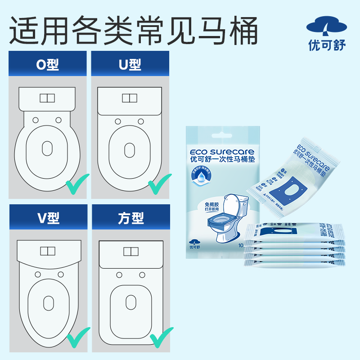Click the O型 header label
pyautogui.click(x=48, y=65)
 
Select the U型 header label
pyautogui.click(x=130, y=65)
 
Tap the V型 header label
pyautogui.click(x=48, y=218)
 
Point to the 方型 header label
pyautogui.click(x=131, y=218)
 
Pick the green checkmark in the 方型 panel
pyautogui.click(x=161, y=338)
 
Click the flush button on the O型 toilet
pyautogui.click(x=47, y=98)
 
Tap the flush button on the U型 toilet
pyautogui.click(x=130, y=98)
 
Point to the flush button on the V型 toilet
pyautogui.click(x=47, y=251)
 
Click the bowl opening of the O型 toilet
pyautogui.click(x=47, y=148)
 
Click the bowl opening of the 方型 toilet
pyautogui.click(x=131, y=301)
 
